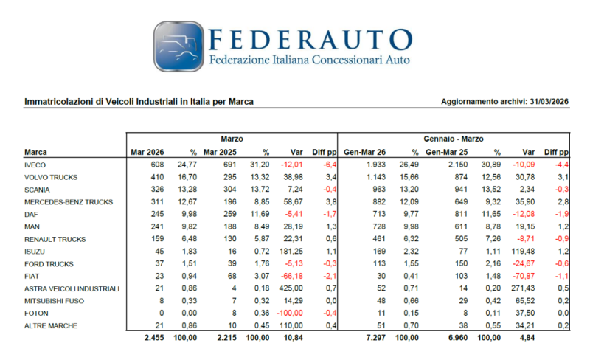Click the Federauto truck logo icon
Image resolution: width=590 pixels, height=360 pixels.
178,46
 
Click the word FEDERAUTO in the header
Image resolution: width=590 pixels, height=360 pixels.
310,38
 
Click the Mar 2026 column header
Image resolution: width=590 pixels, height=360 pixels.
147,152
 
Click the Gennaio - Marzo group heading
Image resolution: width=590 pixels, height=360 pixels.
453,138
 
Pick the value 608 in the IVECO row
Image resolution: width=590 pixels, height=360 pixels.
156,165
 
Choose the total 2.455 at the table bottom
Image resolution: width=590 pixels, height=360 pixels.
152,337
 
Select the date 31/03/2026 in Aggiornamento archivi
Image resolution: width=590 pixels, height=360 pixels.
548,101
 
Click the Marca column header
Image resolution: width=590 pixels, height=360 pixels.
35,152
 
